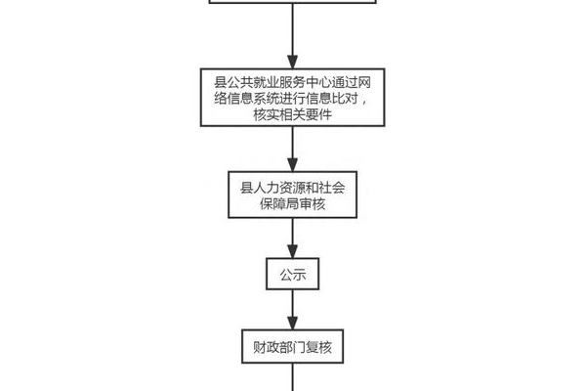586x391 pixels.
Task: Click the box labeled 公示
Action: coord(293,275)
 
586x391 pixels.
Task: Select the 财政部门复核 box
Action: coord(293,347)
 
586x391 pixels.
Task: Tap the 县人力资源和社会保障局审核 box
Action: coord(293,195)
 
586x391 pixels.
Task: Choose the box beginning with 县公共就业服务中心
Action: coord(293,98)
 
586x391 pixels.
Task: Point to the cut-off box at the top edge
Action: coord(293,4)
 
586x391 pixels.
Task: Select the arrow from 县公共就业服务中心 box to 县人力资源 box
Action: coord(293,149)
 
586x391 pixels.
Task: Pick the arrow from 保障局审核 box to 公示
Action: coord(293,238)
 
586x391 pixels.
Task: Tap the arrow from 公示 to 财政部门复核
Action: coord(293,311)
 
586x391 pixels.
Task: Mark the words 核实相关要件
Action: coord(293,115)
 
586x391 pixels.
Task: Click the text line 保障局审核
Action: coord(293,204)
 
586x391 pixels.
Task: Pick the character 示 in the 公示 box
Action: coord(301,275)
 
